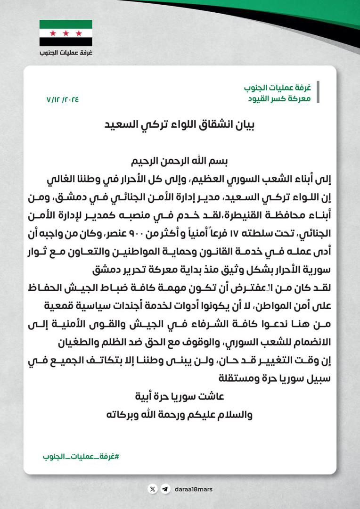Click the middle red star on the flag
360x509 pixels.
(65, 33)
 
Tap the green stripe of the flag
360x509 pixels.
(65, 25)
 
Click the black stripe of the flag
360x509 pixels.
(65, 42)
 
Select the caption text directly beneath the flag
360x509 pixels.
(66, 52)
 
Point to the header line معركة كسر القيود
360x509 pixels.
(279, 99)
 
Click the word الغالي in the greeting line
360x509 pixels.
(50, 180)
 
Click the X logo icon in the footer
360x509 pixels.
(152, 489)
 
